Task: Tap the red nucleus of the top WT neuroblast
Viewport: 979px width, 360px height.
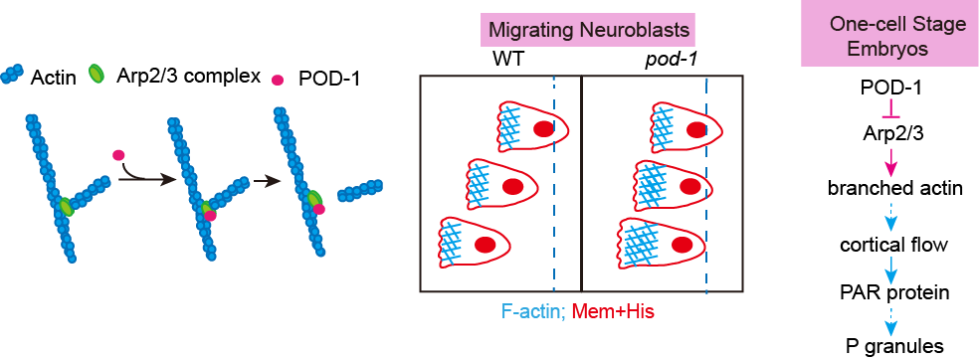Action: pyautogui.click(x=543, y=129)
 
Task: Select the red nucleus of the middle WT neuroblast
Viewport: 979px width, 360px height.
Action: pyautogui.click(x=512, y=186)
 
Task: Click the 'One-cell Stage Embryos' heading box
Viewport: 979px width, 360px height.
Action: pyautogui.click(x=889, y=34)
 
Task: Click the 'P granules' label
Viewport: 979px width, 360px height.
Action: pyautogui.click(x=889, y=345)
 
